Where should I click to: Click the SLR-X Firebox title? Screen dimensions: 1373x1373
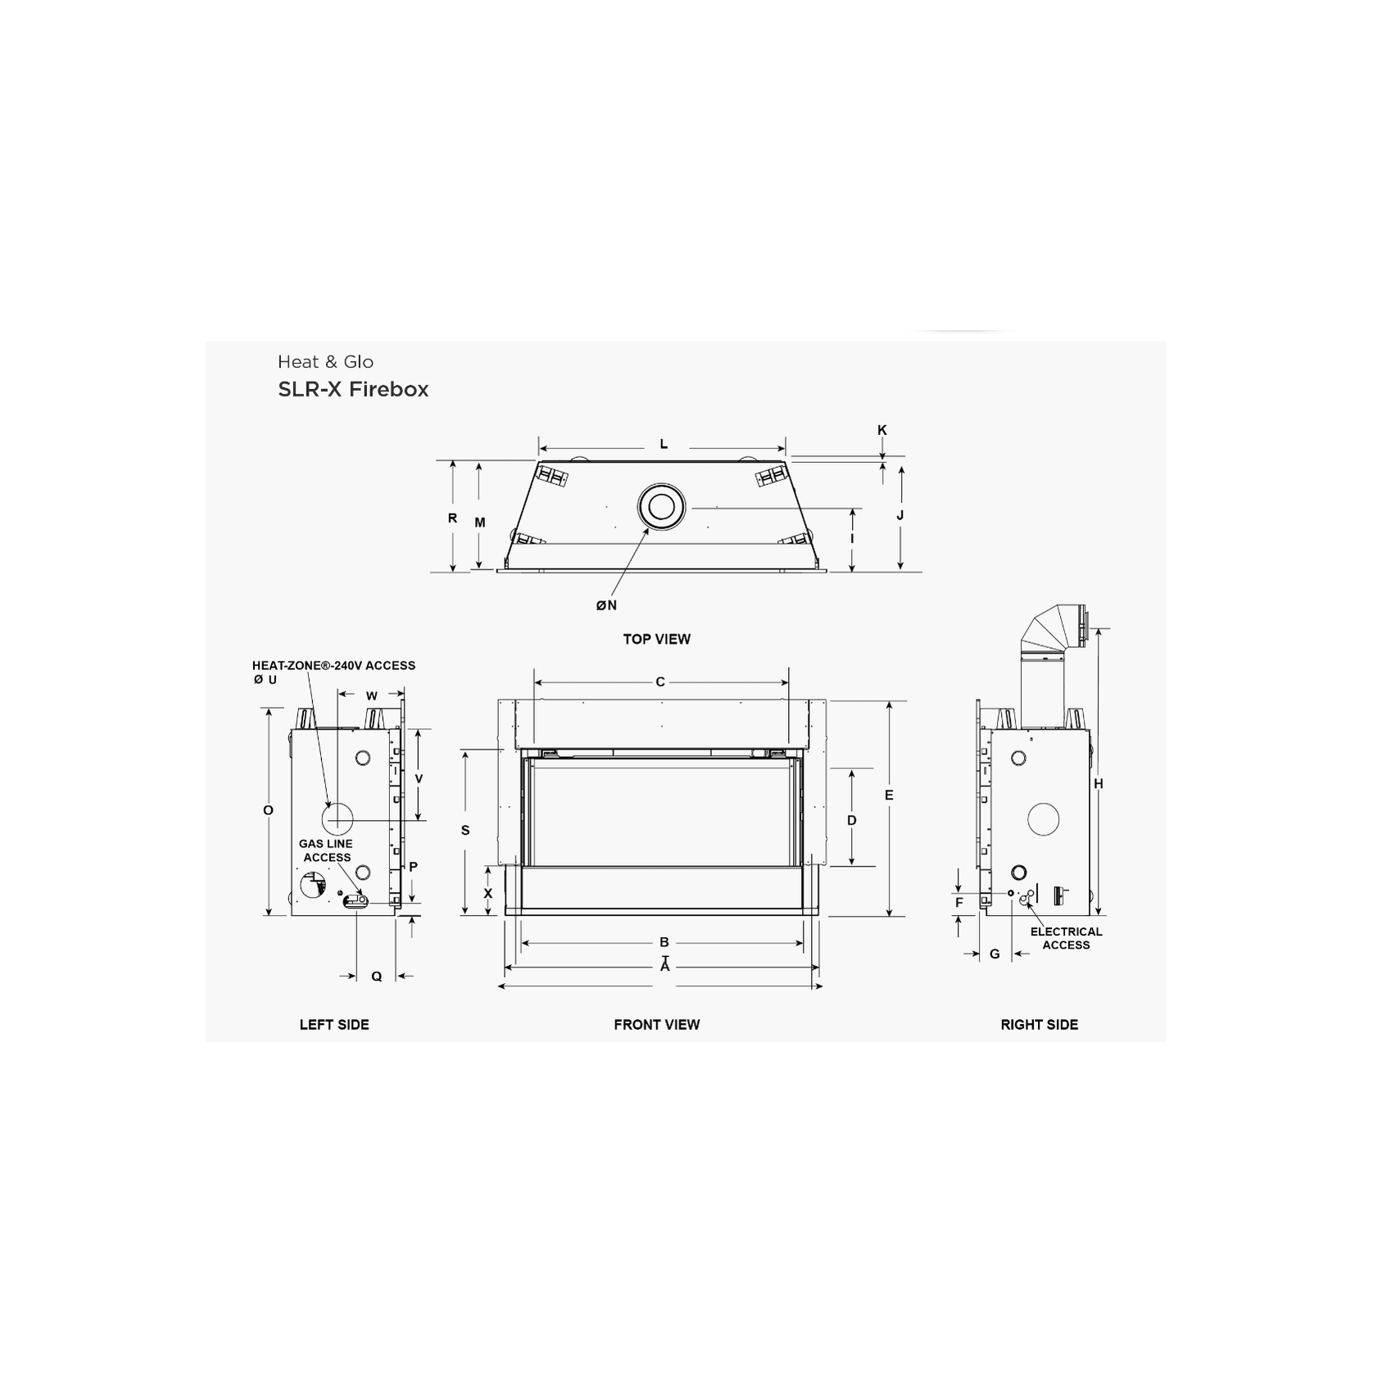point(353,389)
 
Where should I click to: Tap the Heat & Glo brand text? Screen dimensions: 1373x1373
point(325,362)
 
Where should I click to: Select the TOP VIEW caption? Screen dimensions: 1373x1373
point(656,639)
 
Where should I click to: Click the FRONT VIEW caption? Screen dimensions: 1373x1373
point(656,1024)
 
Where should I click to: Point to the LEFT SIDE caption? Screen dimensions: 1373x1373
point(333,1024)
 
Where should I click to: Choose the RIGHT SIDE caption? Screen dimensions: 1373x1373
point(1039,1024)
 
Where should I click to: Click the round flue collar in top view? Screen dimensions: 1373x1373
point(660,507)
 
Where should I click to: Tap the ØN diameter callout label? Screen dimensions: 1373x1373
point(606,605)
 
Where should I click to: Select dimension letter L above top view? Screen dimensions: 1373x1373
point(664,445)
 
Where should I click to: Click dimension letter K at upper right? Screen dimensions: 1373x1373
point(882,430)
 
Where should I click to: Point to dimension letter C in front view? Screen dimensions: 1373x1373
point(660,682)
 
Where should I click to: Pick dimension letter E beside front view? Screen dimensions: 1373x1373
point(889,795)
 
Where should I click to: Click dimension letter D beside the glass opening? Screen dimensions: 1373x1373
point(852,820)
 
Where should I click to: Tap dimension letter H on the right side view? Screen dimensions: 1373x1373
point(1099,784)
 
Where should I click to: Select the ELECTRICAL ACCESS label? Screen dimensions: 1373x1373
point(1066,938)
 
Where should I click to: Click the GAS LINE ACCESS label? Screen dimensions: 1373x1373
point(326,850)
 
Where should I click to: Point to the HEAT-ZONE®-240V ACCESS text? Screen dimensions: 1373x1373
point(333,666)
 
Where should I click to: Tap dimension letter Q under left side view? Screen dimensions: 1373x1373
point(377,977)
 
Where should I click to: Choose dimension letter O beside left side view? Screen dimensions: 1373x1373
point(268,811)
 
